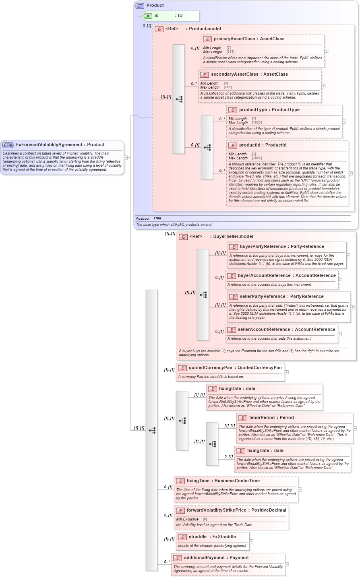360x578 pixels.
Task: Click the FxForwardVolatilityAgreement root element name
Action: [x=49, y=145]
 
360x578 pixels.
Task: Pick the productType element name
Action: [x=252, y=110]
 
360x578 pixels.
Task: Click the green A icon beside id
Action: [x=148, y=16]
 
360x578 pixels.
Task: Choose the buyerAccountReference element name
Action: [x=264, y=276]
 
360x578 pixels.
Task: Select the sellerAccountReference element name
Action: [x=264, y=330]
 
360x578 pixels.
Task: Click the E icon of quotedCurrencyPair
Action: [x=182, y=368]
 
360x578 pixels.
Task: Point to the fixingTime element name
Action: [x=198, y=481]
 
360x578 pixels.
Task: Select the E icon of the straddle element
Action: [x=182, y=537]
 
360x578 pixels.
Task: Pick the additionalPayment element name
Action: [x=205, y=558]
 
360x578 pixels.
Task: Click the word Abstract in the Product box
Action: [x=143, y=219]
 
